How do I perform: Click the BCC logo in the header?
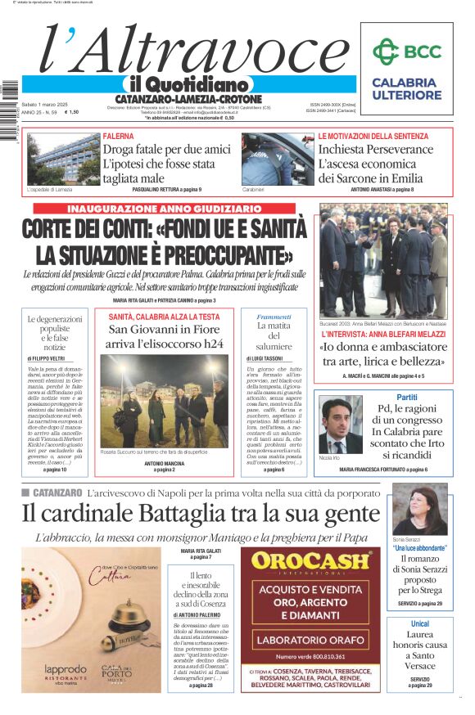coord(404,52)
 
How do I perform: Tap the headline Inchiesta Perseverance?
coord(375,150)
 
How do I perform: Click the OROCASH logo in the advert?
coord(310,561)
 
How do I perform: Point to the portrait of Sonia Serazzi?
coord(419,510)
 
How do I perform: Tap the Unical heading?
coord(419,624)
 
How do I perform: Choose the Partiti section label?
coord(407,397)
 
